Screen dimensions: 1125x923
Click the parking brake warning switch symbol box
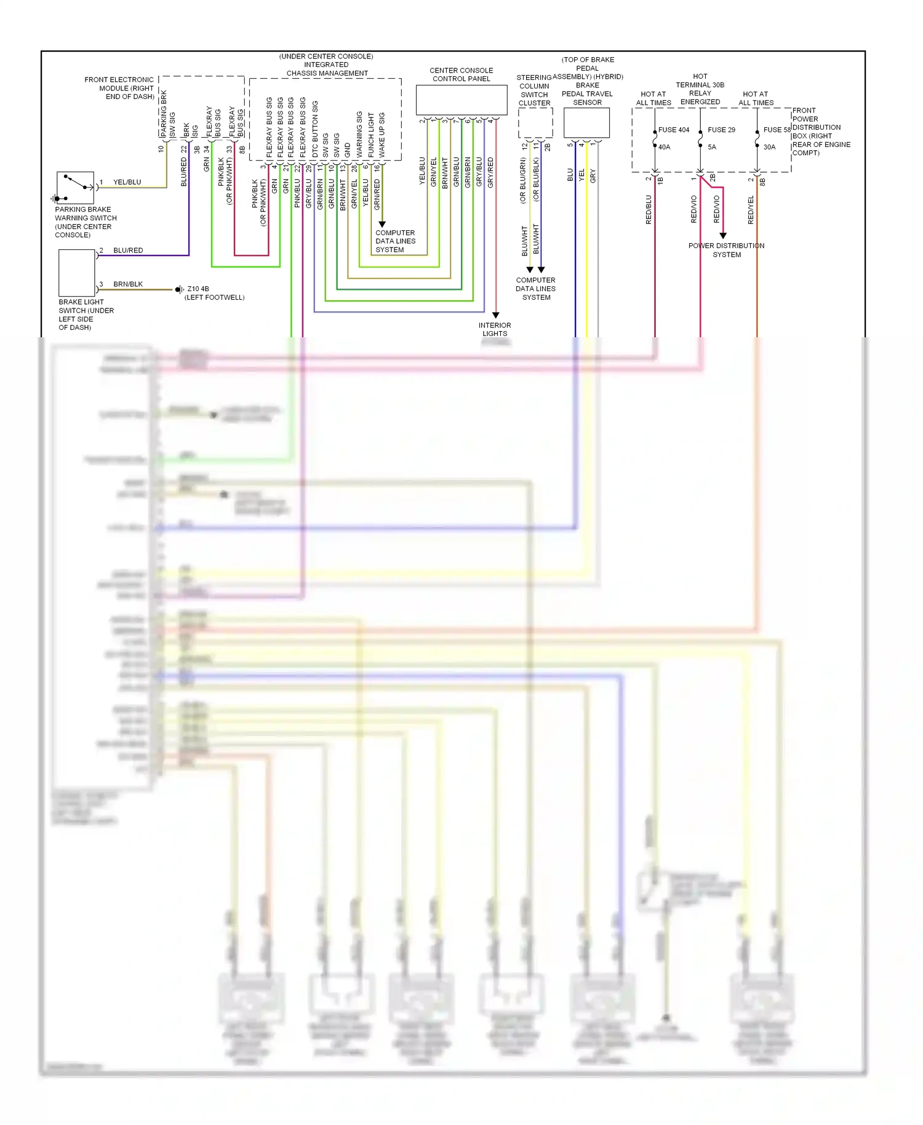(75, 188)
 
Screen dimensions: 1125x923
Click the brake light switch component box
(76, 273)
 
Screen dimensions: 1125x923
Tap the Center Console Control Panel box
(461, 100)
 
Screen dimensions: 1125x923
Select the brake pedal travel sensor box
(586, 123)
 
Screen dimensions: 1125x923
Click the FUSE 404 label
(674, 130)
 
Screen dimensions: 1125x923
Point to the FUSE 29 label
(721, 130)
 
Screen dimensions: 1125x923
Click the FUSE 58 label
(777, 130)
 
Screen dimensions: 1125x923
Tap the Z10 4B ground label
(198, 289)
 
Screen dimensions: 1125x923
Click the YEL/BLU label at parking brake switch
(127, 182)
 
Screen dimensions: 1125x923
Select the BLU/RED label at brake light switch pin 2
(128, 250)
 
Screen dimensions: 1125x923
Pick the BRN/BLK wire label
(128, 284)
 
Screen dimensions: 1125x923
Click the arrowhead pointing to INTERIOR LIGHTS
(495, 315)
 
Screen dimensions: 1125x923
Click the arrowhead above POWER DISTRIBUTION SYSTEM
(723, 236)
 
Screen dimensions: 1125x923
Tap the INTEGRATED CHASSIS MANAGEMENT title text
(327, 69)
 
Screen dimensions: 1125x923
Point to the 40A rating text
(665, 147)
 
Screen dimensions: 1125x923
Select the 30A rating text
(769, 147)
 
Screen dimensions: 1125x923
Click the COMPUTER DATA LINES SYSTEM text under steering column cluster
(536, 289)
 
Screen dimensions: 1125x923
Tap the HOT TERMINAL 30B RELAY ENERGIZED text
(700, 89)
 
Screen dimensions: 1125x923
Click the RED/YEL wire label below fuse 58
(751, 209)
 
